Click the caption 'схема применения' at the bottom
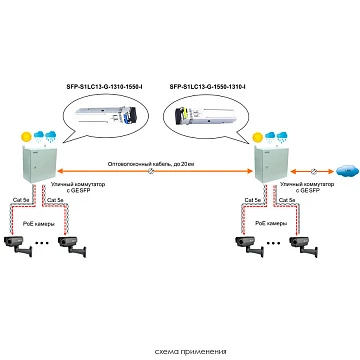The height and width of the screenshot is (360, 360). tap(180, 350)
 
